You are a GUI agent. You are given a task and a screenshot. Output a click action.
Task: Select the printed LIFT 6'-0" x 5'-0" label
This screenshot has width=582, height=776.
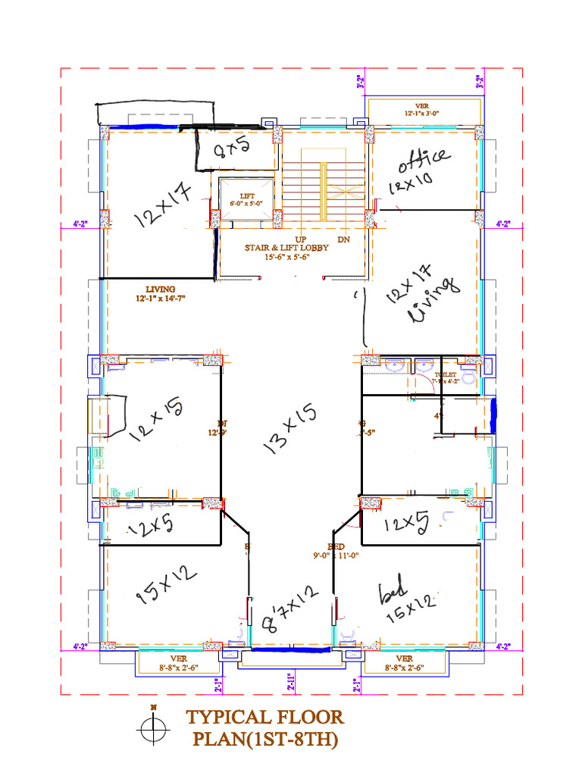tap(246, 199)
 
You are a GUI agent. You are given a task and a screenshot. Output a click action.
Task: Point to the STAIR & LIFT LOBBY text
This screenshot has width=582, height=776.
tap(286, 248)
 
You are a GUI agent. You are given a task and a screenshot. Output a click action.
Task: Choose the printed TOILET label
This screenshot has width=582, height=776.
tap(445, 375)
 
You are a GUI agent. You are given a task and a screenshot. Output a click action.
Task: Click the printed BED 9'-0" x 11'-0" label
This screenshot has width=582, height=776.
tap(336, 551)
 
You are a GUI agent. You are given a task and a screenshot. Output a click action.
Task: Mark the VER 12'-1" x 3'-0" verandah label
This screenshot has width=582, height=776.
tap(422, 109)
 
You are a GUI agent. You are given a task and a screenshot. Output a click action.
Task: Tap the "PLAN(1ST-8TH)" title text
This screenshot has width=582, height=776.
tap(265, 740)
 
